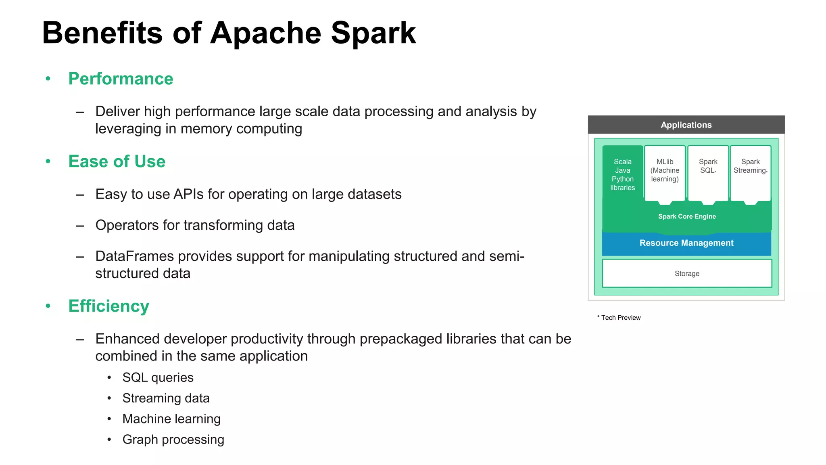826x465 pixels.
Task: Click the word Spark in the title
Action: [x=373, y=33]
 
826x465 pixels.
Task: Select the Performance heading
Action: [x=121, y=79]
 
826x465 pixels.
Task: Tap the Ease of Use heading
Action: [x=117, y=161]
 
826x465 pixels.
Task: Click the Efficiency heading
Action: [x=108, y=306]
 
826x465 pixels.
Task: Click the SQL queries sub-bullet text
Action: [x=158, y=377]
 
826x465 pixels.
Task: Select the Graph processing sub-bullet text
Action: [x=173, y=440]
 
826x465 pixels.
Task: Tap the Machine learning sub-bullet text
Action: [x=171, y=419]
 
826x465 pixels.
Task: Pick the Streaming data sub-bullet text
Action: [x=166, y=398]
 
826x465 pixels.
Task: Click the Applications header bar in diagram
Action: [x=686, y=125]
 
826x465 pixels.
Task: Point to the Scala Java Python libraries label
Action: [x=622, y=175]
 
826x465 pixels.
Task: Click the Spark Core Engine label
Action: [x=687, y=217]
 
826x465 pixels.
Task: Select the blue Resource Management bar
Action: [x=686, y=243]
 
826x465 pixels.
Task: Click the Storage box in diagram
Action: [x=687, y=274]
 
